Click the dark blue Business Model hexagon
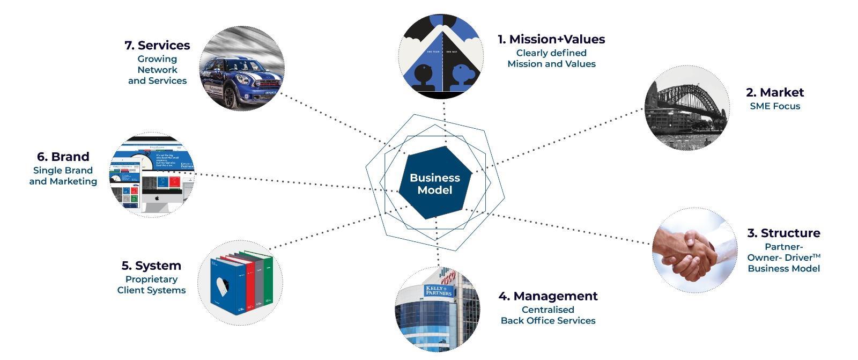435,183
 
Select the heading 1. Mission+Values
551,39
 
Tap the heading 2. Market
774,92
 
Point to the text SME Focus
774,106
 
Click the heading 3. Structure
783,233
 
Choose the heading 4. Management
548,296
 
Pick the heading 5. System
151,266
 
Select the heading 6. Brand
63,157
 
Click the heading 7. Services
157,45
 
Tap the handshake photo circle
694,250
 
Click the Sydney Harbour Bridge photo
686,107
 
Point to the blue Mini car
241,78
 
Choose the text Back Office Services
548,321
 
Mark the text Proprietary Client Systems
151,285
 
